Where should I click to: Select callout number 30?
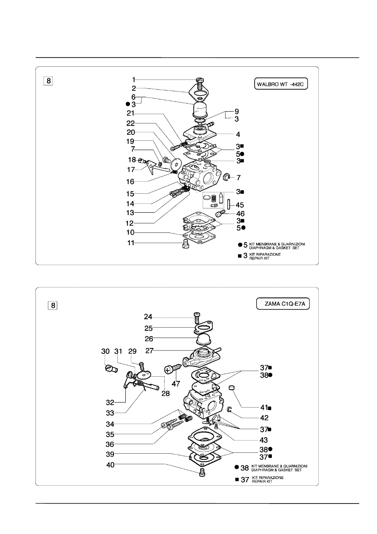[106, 351]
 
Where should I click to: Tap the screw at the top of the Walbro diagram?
[201, 80]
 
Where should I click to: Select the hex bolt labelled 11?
[184, 244]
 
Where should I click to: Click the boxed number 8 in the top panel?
[49, 80]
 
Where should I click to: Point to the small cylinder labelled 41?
[231, 387]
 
